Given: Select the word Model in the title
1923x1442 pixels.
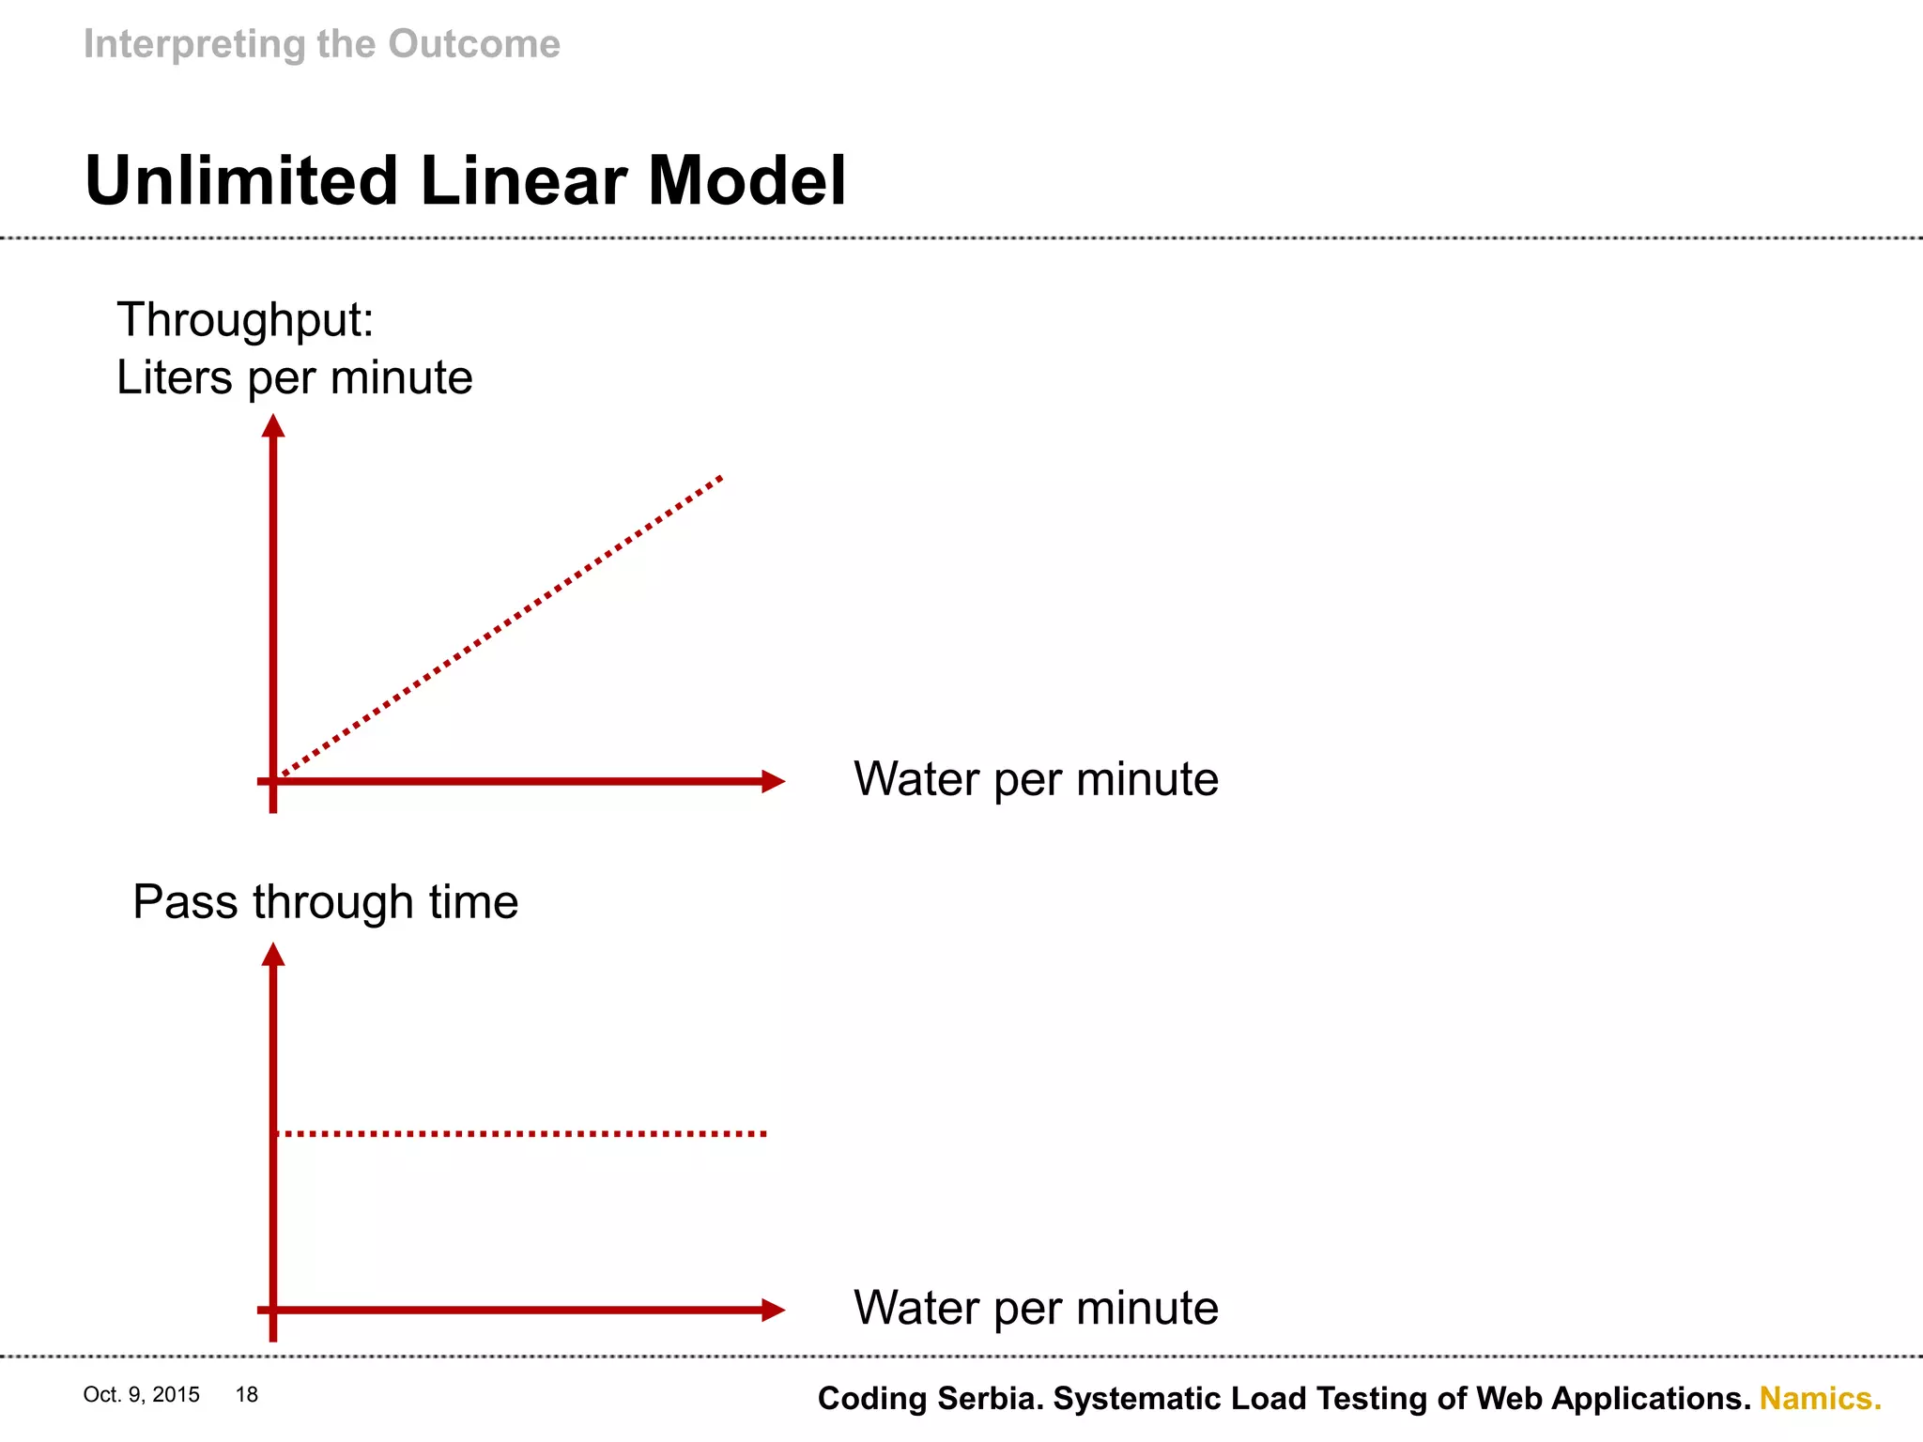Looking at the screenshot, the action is coord(746,180).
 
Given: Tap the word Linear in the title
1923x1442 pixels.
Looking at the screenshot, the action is coord(524,180).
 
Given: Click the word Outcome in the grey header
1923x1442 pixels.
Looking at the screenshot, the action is coord(474,44).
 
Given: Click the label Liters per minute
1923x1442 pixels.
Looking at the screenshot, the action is coord(294,377).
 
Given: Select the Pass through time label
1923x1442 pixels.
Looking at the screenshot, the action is coord(325,902).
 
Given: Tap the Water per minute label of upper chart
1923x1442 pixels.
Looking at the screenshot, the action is coord(1036,779).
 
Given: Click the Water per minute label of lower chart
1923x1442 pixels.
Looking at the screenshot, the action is coord(1036,1308).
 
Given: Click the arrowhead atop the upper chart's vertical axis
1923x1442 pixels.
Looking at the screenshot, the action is coord(273,426).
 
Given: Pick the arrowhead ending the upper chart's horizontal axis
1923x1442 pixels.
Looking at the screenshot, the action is coord(773,781).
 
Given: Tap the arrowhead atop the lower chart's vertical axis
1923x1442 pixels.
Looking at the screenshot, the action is coord(273,955).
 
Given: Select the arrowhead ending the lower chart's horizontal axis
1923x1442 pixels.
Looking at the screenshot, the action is coord(773,1310).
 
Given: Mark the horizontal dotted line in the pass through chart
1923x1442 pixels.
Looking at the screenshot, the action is coord(521,1134).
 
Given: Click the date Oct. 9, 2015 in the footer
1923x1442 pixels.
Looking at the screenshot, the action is coord(141,1395).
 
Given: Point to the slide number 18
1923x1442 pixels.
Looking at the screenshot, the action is coord(247,1395).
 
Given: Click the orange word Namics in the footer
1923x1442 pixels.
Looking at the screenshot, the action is coord(1820,1399).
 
